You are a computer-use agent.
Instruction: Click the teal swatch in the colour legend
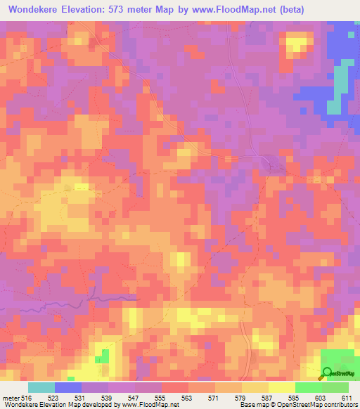(x=41, y=387)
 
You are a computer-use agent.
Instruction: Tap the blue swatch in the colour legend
(x=68, y=387)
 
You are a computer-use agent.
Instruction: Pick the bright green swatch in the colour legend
(x=308, y=387)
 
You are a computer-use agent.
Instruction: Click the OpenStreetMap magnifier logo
(x=327, y=373)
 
